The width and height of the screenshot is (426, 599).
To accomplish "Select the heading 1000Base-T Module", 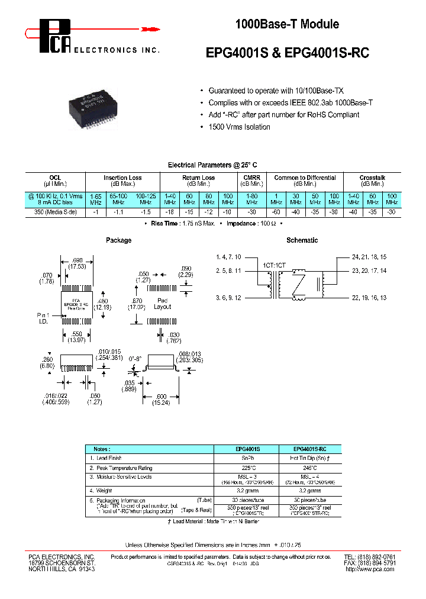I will pos(287,24).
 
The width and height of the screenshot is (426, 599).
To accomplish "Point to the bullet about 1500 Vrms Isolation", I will pos(239,127).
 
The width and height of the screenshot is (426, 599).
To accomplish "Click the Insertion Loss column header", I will pos(122,178).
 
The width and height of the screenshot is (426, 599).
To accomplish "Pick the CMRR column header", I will pos(252,178).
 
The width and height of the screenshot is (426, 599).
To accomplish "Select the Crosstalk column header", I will pos(372,178).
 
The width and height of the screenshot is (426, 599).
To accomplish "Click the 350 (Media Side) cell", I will pos(56,211).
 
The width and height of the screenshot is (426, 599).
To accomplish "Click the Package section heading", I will pos(118,240).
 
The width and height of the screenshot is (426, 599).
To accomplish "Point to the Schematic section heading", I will pos(302,240).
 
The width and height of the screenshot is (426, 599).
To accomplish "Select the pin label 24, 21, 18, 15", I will pos(369,257).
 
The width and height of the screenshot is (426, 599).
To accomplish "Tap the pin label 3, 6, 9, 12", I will pos(228,297).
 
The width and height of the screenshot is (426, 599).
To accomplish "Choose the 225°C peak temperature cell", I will pos(244,468).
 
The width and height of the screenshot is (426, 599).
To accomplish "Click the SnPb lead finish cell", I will pos(244,458).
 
